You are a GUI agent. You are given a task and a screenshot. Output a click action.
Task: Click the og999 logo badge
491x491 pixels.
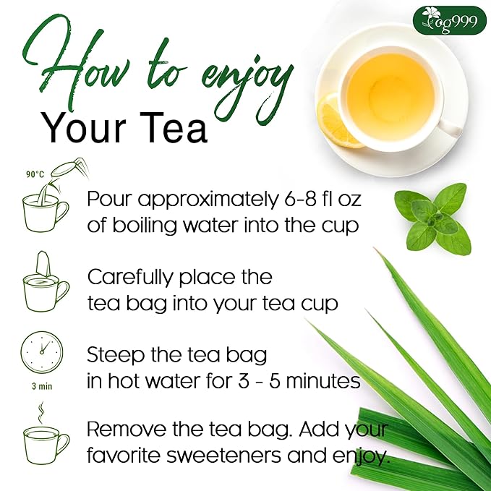pos(449,19)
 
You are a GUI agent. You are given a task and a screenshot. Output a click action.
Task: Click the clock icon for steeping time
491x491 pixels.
pos(42,352)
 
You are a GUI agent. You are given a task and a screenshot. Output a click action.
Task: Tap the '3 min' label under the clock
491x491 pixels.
pos(42,386)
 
